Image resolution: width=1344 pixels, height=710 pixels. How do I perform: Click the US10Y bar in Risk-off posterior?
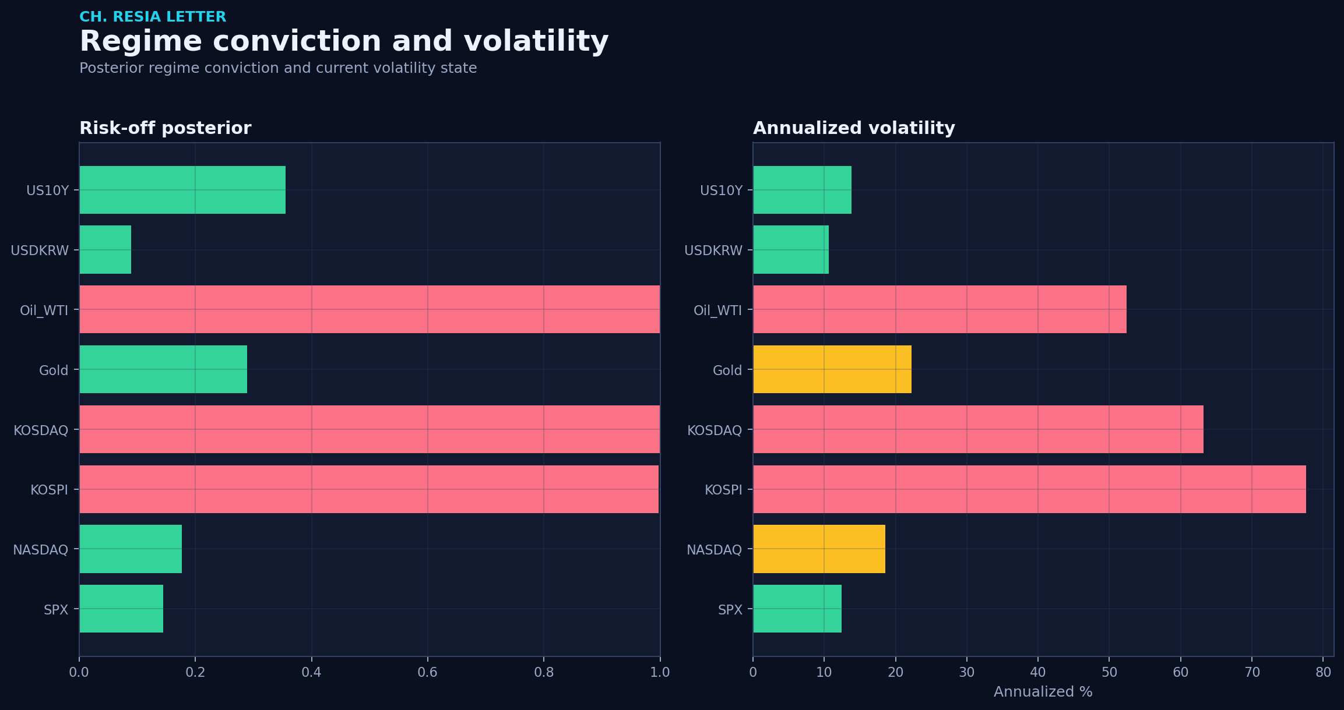(182, 190)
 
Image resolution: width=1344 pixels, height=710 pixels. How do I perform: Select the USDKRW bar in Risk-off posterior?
(105, 250)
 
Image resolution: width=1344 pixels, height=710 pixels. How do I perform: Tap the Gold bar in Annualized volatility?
(832, 369)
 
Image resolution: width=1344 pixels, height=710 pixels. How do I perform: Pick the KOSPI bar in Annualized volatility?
(1030, 489)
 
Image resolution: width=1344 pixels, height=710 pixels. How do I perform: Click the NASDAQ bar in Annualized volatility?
(819, 549)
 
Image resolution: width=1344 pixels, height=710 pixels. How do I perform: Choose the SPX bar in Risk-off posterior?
(121, 609)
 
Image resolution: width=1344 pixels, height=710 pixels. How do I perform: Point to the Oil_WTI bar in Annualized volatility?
(940, 309)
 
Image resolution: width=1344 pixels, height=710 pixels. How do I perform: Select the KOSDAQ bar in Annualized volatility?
(979, 429)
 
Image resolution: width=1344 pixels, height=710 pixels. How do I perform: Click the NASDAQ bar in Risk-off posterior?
(131, 549)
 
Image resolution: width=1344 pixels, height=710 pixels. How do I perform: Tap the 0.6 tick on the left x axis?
(428, 673)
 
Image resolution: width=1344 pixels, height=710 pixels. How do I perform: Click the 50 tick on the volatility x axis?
(1109, 673)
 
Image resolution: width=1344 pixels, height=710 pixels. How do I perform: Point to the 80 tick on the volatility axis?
(1323, 673)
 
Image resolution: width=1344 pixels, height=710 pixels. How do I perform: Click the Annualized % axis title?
(1043, 692)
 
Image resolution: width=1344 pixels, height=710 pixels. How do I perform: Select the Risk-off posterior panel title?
(166, 128)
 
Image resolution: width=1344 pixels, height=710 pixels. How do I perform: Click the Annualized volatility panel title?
(854, 128)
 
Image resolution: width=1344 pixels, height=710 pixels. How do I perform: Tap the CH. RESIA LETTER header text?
(153, 17)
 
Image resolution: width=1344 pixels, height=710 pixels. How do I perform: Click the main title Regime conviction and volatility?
(344, 41)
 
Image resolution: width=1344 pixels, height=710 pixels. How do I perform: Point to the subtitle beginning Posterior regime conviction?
(278, 68)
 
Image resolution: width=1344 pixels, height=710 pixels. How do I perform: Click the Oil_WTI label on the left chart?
(44, 310)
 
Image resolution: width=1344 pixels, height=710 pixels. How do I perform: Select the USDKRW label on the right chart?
(713, 250)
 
